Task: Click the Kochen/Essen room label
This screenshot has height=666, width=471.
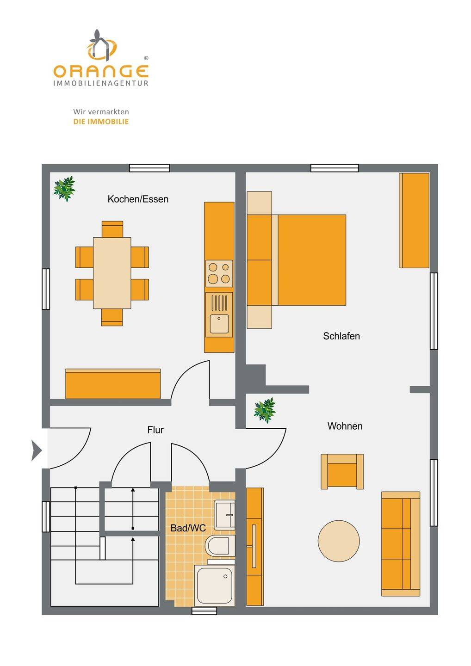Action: point(138,199)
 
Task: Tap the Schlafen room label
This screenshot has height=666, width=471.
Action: point(341,336)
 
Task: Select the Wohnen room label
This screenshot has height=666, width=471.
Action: point(345,426)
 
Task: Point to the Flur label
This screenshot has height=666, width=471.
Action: point(155,430)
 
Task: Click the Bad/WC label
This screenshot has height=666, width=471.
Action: point(188,528)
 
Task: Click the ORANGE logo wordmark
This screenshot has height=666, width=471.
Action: point(101,71)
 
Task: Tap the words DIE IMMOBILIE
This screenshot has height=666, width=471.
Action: point(101,122)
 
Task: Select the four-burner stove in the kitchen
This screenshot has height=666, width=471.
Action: point(219,273)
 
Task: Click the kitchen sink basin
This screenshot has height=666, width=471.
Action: point(219,323)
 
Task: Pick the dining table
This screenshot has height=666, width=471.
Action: point(112,273)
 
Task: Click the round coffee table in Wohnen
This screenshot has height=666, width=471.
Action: point(339,541)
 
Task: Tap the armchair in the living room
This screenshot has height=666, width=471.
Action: point(342,471)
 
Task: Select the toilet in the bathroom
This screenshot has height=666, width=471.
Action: point(220,546)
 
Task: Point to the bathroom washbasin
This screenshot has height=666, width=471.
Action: point(225,514)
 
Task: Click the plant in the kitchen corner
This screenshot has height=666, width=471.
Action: point(64,188)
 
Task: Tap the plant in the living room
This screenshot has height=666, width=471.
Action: point(265,410)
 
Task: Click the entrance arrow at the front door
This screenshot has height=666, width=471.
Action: point(36,450)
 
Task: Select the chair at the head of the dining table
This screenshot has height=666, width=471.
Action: point(112,229)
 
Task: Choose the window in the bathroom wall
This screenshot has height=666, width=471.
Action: point(204,611)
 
